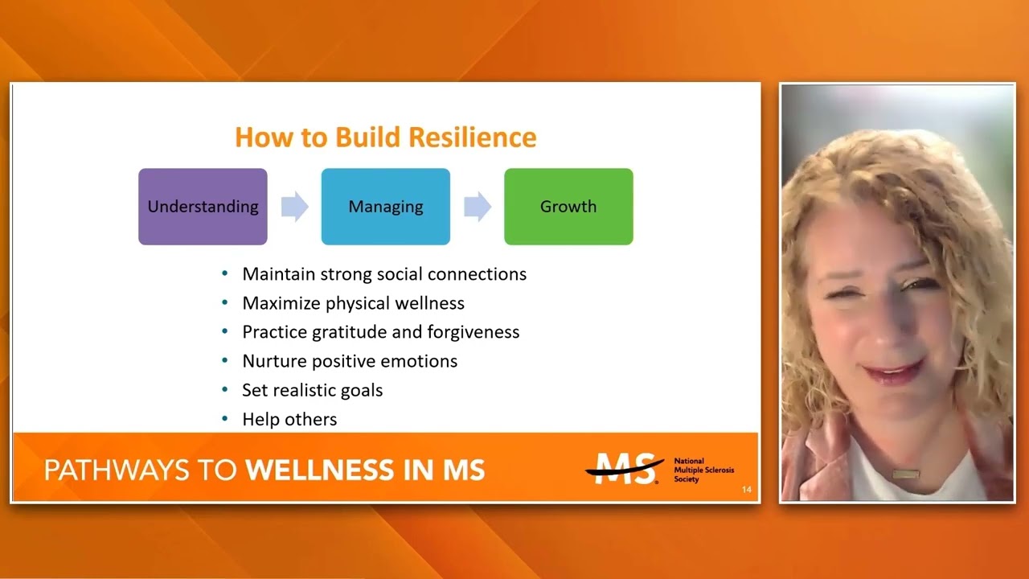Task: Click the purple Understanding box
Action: point(203,207)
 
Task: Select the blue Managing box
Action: point(385,207)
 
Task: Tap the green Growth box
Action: point(568,207)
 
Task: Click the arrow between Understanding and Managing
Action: point(294,207)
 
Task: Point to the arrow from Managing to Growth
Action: point(478,207)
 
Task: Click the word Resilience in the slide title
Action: point(471,138)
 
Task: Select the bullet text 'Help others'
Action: point(289,419)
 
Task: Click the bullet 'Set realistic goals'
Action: point(312,390)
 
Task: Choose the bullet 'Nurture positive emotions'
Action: point(350,361)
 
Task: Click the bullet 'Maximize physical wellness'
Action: point(353,303)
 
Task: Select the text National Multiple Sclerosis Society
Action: point(703,470)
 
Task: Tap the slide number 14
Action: point(747,490)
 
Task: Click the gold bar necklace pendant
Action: point(904,474)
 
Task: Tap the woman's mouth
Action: point(892,372)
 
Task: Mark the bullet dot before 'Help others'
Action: point(225,419)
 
